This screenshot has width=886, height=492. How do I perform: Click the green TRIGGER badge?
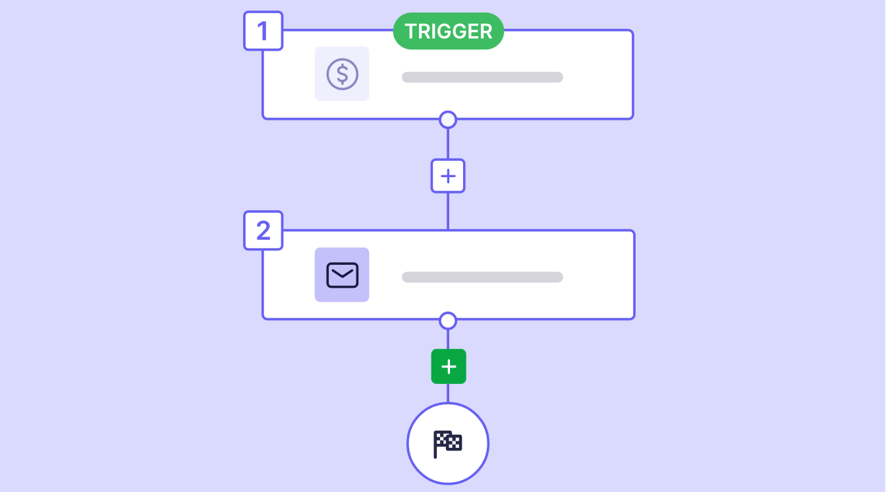[x=448, y=31]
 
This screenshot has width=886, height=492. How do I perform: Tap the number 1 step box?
[x=263, y=31]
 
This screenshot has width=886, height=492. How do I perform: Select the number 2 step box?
[x=263, y=230]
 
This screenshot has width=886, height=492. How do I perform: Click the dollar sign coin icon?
[x=342, y=74]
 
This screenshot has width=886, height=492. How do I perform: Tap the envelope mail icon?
[x=342, y=275]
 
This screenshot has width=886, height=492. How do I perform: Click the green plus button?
[x=449, y=366]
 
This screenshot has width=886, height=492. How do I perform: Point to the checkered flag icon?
[x=447, y=444]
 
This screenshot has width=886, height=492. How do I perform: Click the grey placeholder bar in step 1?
[x=482, y=77]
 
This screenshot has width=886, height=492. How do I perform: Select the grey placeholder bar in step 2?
[x=482, y=277]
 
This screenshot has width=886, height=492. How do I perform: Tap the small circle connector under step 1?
[x=448, y=119]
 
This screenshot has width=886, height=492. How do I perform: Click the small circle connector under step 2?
[x=448, y=321]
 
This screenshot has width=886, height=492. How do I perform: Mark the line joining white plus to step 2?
[x=448, y=211]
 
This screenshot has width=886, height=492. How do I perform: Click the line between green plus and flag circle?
[x=448, y=393]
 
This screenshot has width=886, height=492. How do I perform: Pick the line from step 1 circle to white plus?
[x=448, y=144]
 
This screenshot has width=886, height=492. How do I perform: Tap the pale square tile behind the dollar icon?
[x=342, y=74]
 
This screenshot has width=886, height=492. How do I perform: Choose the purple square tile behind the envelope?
[x=342, y=275]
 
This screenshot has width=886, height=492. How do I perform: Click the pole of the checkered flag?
[x=435, y=445]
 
